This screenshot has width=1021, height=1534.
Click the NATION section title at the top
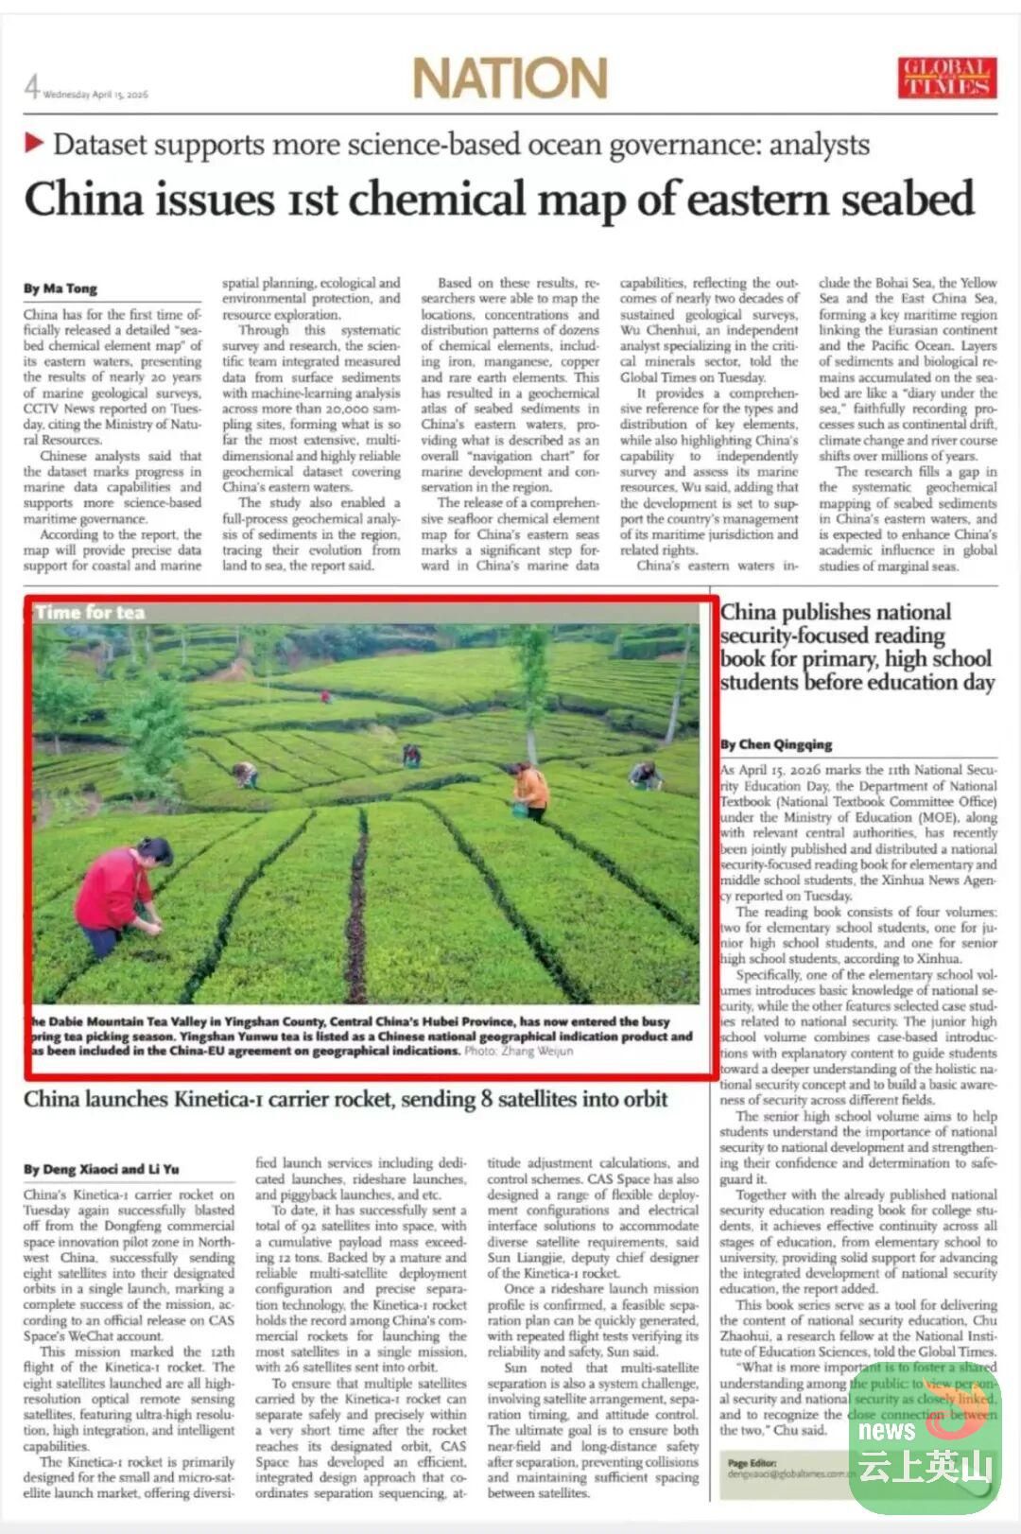click(510, 78)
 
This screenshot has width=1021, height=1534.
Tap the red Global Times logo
click(946, 78)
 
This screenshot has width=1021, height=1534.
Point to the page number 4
click(32, 87)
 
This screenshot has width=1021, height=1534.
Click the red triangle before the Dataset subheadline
click(35, 144)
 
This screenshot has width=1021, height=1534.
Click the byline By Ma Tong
click(61, 288)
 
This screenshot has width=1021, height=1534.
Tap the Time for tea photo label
click(90, 613)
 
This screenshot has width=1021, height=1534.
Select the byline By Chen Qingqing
click(776, 744)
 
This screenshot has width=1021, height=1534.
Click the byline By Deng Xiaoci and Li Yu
click(101, 1169)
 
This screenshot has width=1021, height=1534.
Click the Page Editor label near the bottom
click(751, 1463)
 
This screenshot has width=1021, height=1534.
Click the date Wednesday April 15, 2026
click(95, 95)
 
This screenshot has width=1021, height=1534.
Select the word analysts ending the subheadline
click(819, 145)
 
